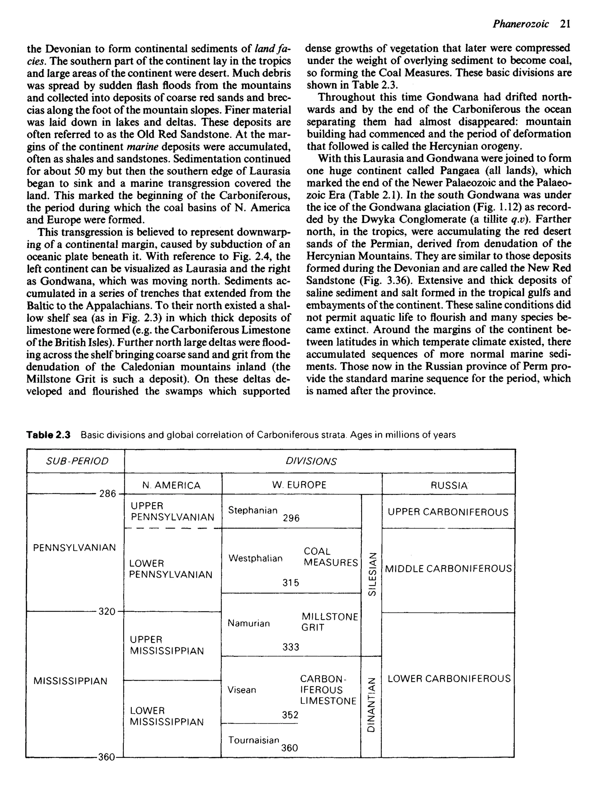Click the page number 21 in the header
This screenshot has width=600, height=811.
tap(565, 24)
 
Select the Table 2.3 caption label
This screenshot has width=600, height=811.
tap(48, 434)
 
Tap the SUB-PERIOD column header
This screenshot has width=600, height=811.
tap(77, 461)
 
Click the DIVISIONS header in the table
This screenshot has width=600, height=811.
tap(311, 461)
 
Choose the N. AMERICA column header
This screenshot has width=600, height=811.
tap(171, 485)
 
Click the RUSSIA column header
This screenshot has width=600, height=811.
tap(449, 485)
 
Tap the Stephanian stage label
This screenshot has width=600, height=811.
tap(253, 510)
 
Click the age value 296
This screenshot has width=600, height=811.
tap(291, 518)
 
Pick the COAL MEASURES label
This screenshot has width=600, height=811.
tap(330, 557)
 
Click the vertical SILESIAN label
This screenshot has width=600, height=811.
tap(371, 573)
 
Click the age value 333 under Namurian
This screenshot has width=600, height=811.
tap(291, 647)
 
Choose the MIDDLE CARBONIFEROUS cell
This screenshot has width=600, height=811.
tap(448, 569)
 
